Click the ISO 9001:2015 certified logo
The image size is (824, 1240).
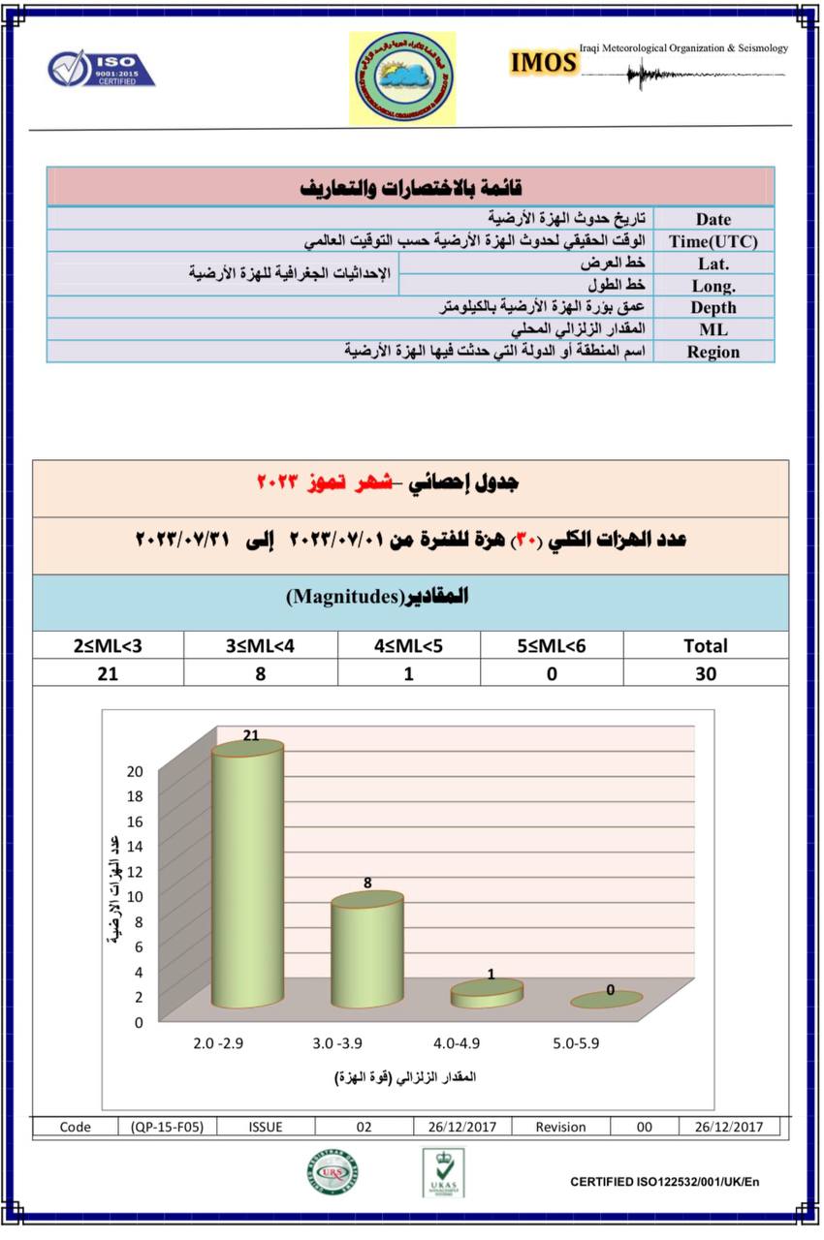pyautogui.click(x=101, y=69)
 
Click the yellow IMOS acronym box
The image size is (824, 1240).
pyautogui.click(x=544, y=63)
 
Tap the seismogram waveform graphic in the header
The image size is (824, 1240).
pyautogui.click(x=680, y=74)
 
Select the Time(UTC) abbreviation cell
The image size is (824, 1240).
pyautogui.click(x=713, y=241)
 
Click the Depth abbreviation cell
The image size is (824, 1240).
pyautogui.click(x=713, y=307)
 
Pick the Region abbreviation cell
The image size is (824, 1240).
pyautogui.click(x=713, y=352)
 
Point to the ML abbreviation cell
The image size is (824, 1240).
pyautogui.click(x=713, y=329)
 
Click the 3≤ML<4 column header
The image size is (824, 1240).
pyautogui.click(x=260, y=645)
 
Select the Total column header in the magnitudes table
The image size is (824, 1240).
pyautogui.click(x=705, y=645)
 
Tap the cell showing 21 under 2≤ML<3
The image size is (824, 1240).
pyautogui.click(x=107, y=673)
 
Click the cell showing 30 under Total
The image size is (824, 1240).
pyautogui.click(x=705, y=673)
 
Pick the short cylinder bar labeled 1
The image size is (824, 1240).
pyautogui.click(x=487, y=994)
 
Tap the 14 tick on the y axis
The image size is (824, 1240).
pyautogui.click(x=134, y=846)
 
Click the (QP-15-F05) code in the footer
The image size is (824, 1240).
pyautogui.click(x=167, y=1127)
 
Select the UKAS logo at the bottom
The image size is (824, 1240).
pyautogui.click(x=443, y=1172)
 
